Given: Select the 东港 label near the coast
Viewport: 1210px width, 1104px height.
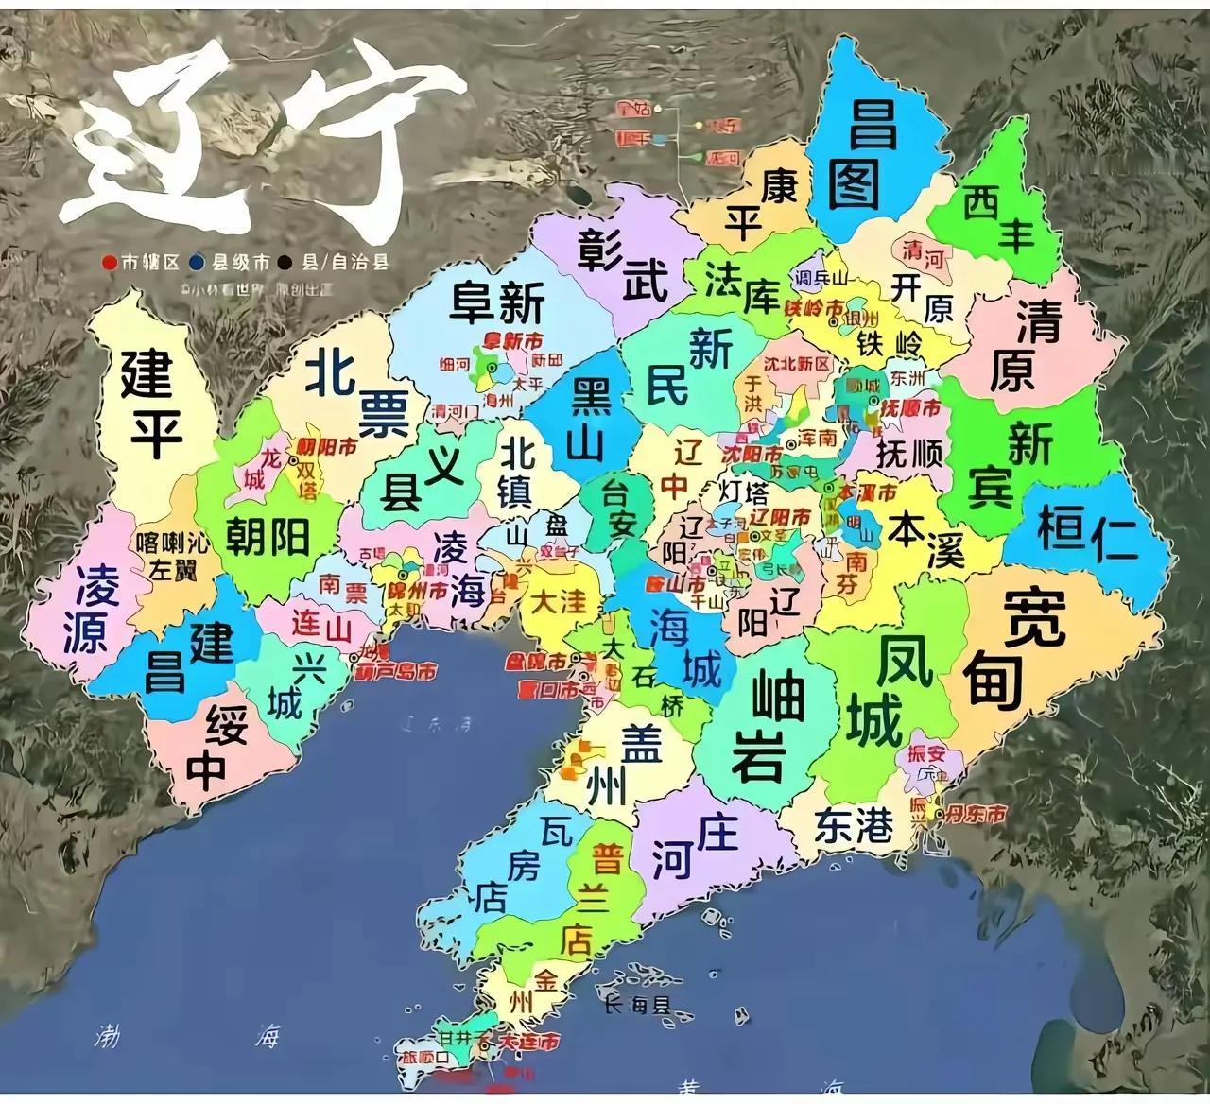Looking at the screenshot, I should (854, 825).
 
